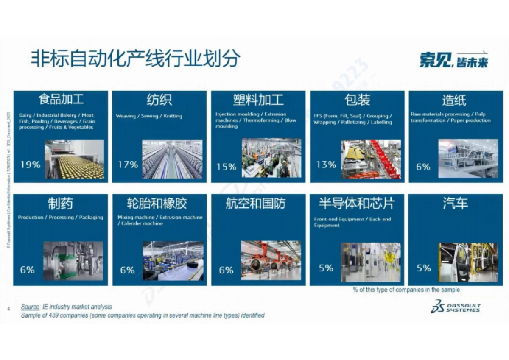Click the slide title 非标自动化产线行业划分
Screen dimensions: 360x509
135,59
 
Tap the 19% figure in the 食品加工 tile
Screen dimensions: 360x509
30,165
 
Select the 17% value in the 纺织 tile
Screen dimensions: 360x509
128,165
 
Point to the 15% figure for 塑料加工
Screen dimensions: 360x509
226,167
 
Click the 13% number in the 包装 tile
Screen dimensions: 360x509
326,165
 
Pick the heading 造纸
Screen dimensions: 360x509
454,100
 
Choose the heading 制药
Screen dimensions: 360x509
60,204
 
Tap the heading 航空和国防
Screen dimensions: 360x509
255,204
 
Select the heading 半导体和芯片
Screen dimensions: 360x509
357,204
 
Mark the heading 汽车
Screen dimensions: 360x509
455,204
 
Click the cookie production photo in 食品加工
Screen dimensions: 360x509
75,159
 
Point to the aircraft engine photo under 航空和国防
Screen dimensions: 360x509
271,260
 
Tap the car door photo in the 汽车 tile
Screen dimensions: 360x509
467,262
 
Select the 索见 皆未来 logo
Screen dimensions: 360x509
453,61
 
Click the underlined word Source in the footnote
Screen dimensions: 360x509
30,307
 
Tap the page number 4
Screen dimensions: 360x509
8,309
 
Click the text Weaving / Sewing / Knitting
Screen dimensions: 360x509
149,116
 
